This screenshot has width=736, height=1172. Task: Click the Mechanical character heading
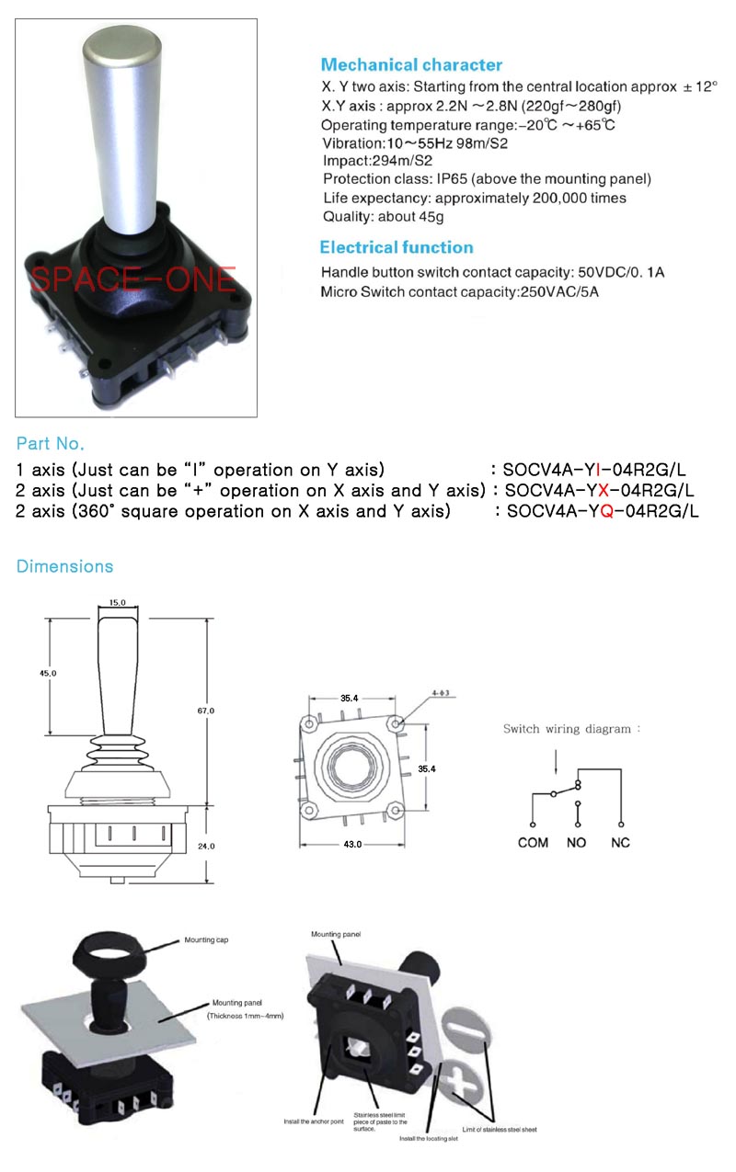pos(411,65)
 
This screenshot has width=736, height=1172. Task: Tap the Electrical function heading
pos(397,247)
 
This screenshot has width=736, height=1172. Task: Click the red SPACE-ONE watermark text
pos(132,279)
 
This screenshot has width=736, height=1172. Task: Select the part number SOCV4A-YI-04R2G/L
pos(594,470)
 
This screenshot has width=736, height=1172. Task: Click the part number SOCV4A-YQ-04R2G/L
pos(603,511)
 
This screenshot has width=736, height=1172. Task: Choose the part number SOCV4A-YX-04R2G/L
pos(599,490)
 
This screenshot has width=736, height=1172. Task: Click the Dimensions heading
pos(64,566)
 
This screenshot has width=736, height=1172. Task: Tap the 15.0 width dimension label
pos(117,603)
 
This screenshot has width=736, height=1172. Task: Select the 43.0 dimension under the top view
pos(351,843)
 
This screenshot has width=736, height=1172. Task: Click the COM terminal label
pos(533,842)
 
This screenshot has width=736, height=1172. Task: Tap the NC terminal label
pos(620,842)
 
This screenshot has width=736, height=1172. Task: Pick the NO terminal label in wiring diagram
pos(577,842)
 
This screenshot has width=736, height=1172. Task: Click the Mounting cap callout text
pos(205,940)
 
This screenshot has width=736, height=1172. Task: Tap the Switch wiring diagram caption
pos(570,729)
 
